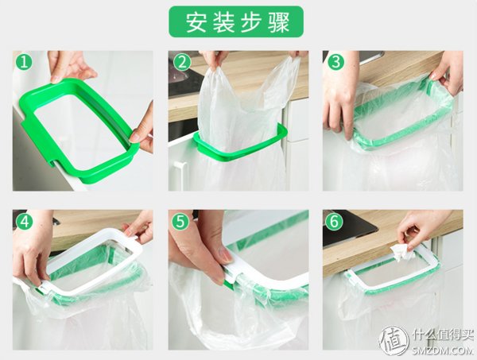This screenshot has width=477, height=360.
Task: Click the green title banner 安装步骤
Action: (236, 21)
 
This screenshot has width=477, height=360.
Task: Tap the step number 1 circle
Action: (24, 62)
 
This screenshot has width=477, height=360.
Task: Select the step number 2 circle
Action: (182, 62)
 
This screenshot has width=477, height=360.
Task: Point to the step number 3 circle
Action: (335, 62)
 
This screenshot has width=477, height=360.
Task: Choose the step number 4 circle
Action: (24, 222)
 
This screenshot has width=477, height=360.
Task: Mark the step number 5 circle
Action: (180, 222)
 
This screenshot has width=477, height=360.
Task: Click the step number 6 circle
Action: (334, 222)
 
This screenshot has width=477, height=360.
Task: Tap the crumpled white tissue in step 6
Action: (400, 252)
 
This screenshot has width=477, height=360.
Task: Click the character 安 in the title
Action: (196, 22)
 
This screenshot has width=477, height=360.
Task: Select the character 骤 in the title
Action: (278, 22)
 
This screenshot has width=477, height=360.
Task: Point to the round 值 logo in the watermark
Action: (394, 341)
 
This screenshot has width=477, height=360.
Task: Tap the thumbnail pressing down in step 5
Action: (224, 254)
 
